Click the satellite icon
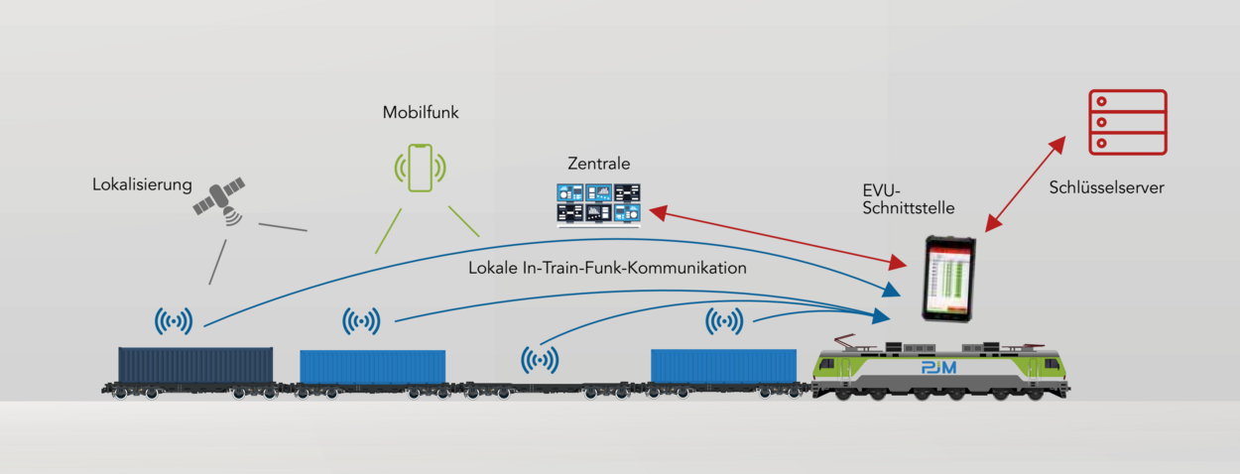[220, 201]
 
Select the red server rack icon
[1127, 122]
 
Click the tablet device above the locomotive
[948, 279]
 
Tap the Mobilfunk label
[421, 113]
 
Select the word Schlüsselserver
[1105, 186]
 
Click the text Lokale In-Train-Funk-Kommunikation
[608, 268]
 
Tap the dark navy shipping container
[195, 365]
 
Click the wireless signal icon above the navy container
[174, 320]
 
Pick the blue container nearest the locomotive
[723, 365]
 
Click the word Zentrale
[598, 164]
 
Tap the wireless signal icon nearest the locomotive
[724, 320]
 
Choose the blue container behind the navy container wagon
[372, 366]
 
